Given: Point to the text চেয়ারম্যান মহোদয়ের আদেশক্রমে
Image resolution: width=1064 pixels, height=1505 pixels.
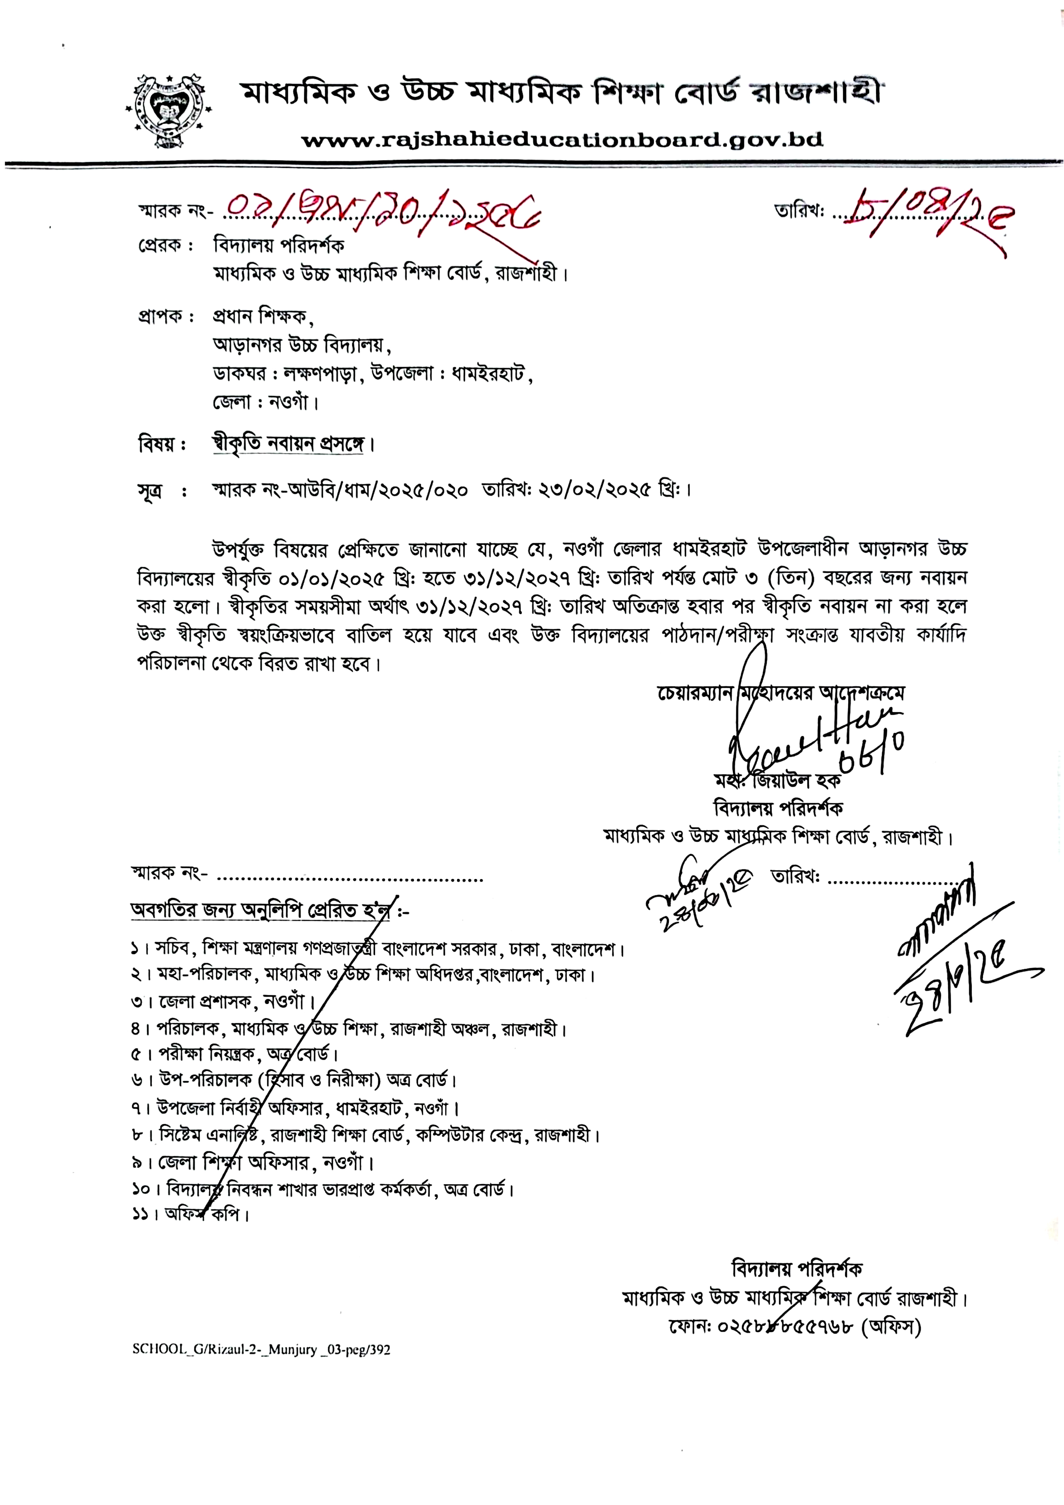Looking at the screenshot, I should [780, 693].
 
